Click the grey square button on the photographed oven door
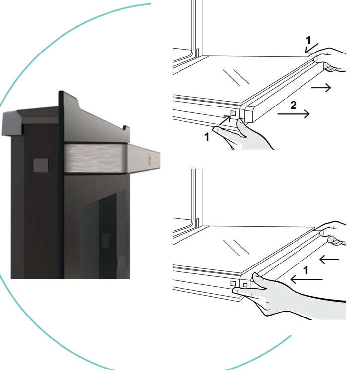pos(41,165)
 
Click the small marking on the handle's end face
pos(149,159)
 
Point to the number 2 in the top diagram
pos(293,105)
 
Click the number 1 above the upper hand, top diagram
pos(308,40)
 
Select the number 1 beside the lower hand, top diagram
pos(207,137)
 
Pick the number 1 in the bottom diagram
pos(306,270)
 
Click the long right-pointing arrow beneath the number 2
pos(294,114)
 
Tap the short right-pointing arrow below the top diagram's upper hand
pos(321,88)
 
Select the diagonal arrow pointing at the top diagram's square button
pos(225,120)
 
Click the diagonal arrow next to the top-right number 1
pos(311,48)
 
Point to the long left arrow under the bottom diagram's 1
pos(306,279)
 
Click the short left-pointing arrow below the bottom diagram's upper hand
pos(329,259)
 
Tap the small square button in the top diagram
pos(233,113)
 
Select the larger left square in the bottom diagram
pos(233,283)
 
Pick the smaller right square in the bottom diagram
pos(245,285)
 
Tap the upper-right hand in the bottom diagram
pos(332,233)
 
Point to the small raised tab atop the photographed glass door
pos(126,128)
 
